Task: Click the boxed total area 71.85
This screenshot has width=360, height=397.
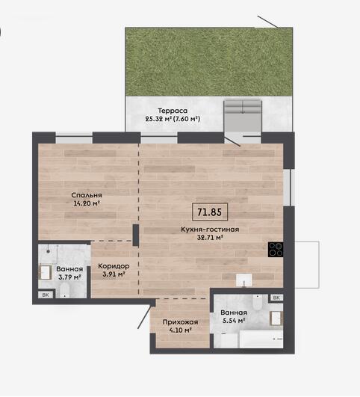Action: pos(210,212)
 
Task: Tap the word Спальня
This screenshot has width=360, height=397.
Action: pos(87,195)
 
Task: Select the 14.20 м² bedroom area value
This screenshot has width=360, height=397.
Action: pos(87,203)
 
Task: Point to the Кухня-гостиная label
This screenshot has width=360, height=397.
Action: pos(210,230)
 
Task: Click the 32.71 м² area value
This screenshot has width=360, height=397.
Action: pos(210,238)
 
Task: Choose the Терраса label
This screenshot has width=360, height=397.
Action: pos(173,111)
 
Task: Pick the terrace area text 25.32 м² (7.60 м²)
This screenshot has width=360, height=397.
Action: pos(173,118)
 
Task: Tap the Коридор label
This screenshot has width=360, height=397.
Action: pos(114,266)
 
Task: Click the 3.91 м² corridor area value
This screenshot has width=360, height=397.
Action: pos(114,274)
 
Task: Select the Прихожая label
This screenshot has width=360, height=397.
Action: pos(180,322)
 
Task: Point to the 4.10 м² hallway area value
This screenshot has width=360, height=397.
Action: pos(180,330)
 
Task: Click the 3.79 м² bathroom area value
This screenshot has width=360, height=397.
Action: pos(69,277)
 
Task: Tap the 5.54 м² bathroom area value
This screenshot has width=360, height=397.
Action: pos(234,321)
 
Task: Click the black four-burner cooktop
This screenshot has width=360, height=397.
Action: pos(276,250)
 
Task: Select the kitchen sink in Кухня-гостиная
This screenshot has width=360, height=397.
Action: pos(244,280)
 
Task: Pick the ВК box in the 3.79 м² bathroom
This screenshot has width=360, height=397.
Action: pos(46,295)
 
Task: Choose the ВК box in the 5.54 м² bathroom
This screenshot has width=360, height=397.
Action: pos(276,298)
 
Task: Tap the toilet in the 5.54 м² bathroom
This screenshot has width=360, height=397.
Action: pos(257,302)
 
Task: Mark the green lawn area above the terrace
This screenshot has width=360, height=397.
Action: pos(209,62)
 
